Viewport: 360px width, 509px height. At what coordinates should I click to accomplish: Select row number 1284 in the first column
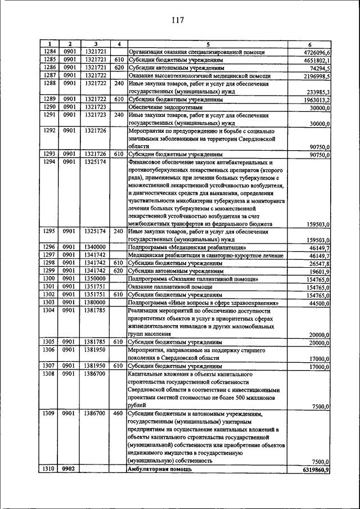[50, 52]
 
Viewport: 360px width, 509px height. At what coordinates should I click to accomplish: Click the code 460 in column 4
[118, 413]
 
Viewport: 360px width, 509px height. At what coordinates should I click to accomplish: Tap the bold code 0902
[69, 468]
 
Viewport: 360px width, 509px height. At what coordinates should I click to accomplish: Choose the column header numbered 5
[207, 44]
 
